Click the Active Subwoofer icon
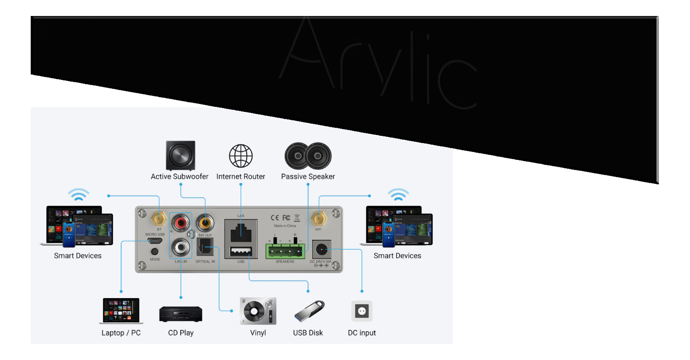[180, 156]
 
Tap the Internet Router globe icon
[241, 156]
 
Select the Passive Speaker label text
[308, 177]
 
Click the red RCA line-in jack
[181, 222]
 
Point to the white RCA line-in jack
[181, 247]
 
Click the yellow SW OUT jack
[205, 222]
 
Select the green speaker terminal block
[285, 251]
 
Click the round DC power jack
[321, 250]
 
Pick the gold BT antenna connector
[159, 218]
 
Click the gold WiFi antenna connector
[318, 219]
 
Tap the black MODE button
[154, 251]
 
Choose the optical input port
[205, 247]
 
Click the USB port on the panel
[241, 251]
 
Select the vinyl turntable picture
[258, 311]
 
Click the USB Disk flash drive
[309, 311]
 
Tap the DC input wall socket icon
[362, 311]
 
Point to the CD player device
[180, 314]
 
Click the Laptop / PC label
[121, 333]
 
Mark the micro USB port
[154, 241]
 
